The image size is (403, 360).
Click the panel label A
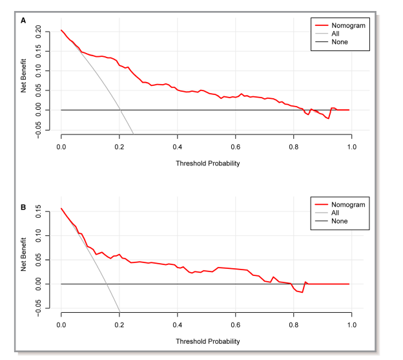(23, 21)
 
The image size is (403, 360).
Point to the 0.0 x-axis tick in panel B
(61, 326)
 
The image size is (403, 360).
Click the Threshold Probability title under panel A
(207, 163)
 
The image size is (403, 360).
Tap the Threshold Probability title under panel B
(207, 341)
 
